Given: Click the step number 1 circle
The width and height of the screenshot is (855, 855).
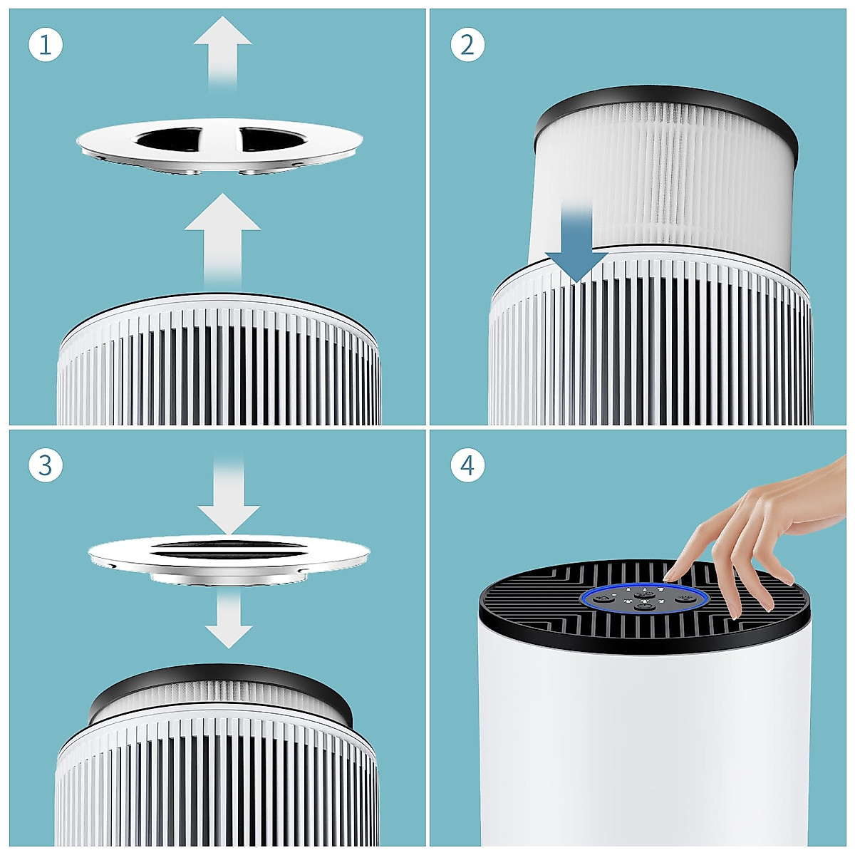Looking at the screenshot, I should point(46,45).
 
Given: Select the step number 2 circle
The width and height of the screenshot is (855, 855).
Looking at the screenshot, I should point(467,45).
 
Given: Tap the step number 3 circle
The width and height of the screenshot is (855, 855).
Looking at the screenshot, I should point(46,465).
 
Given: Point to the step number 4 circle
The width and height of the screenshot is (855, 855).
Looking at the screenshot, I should point(467,465).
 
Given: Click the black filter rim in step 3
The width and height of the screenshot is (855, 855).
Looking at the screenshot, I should point(221,684).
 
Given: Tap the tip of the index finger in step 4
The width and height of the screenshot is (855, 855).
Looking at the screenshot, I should point(670,574).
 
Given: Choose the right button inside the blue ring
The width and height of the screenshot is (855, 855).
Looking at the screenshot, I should point(685,598).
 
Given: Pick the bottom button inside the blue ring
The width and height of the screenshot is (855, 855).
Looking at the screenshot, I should point(644,606).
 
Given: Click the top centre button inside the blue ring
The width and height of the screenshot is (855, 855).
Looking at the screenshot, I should point(644,593).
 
